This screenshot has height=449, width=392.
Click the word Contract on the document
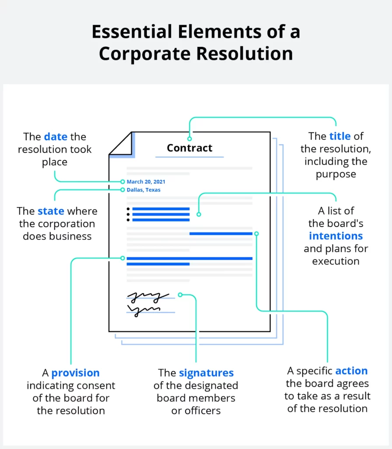coord(189,148)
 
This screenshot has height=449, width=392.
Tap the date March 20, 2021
coord(146,182)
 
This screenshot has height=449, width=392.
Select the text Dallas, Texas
coord(144,190)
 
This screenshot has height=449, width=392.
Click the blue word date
coord(56,137)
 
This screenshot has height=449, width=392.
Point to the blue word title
coord(340,136)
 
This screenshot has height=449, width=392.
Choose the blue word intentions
coord(336,236)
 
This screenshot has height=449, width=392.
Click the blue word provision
coord(75,373)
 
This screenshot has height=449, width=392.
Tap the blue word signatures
coord(206,373)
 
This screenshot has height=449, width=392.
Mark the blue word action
coord(351,371)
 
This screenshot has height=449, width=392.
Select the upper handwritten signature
coord(148,297)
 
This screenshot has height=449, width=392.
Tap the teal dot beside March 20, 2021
coord(123,182)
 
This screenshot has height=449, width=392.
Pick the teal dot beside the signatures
coord(180,295)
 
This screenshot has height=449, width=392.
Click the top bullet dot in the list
coord(128,209)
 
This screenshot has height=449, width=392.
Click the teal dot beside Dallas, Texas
coord(123,190)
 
